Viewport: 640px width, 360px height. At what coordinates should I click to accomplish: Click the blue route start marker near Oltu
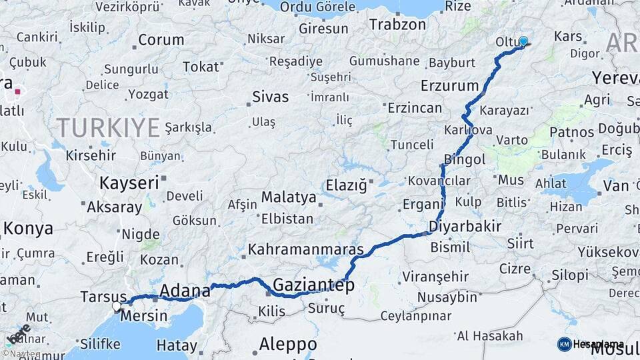pyautogui.click(x=523, y=41)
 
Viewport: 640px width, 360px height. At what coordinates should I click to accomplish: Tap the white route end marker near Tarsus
pyautogui.click(x=117, y=306)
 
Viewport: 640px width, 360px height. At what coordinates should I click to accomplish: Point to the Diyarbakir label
pyautogui.click(x=464, y=227)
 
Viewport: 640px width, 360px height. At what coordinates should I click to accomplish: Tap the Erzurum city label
pyautogui.click(x=450, y=85)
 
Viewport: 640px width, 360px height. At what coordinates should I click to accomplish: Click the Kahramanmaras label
pyautogui.click(x=305, y=250)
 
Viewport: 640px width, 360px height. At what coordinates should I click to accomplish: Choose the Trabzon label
pyautogui.click(x=397, y=25)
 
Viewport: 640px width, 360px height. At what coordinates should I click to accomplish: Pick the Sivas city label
pyautogui.click(x=270, y=97)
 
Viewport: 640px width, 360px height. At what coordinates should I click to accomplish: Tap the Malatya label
pyautogui.click(x=288, y=197)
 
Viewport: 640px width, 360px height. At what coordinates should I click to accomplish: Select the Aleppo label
pyautogui.click(x=287, y=345)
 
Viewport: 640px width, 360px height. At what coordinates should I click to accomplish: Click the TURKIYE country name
pyautogui.click(x=108, y=127)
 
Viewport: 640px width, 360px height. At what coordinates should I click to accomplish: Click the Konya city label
pyautogui.click(x=28, y=229)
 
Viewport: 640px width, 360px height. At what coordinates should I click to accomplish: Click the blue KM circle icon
pyautogui.click(x=564, y=344)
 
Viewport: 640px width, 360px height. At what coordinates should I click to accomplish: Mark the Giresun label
pyautogui.click(x=323, y=29)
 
